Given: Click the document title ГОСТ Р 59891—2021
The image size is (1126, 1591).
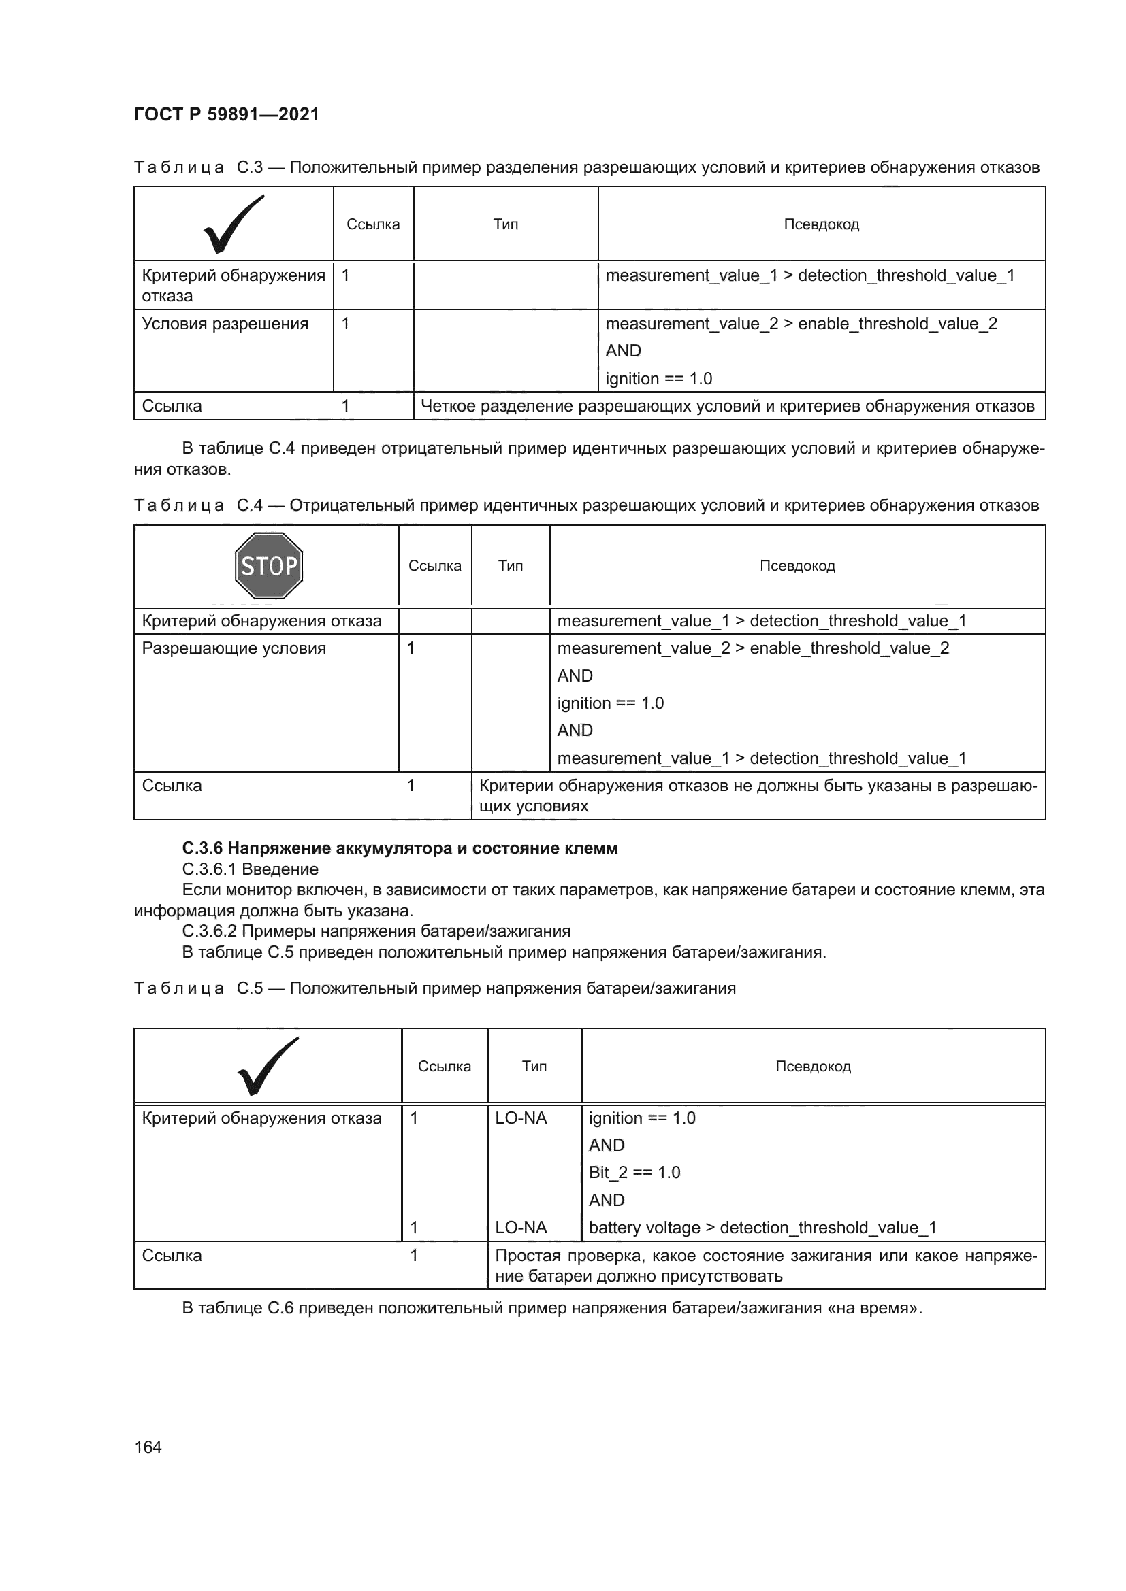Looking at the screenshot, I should [226, 114].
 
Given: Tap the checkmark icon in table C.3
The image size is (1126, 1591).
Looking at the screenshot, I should [234, 224].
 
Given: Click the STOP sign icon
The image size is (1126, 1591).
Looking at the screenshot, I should [269, 565].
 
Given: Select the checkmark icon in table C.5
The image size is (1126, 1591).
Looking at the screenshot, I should [268, 1067].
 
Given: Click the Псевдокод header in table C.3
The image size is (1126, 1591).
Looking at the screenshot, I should [821, 224].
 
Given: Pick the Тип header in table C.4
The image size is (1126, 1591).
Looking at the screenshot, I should [511, 565].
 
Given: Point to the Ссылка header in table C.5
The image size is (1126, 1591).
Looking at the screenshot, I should [444, 1067].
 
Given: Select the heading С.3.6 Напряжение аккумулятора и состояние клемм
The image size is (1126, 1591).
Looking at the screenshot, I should [400, 848].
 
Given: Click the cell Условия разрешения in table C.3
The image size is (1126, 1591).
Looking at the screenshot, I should [225, 324].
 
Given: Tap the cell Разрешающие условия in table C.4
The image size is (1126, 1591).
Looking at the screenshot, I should [234, 648].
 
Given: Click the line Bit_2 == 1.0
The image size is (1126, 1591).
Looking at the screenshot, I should [634, 1173].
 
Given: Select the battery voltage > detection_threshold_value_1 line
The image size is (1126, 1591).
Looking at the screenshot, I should [762, 1228].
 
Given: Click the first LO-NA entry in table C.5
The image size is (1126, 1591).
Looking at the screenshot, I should [521, 1118].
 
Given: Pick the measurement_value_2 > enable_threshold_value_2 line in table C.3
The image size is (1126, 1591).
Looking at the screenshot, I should [801, 324].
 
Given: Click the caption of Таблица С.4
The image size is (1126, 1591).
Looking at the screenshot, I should [586, 505].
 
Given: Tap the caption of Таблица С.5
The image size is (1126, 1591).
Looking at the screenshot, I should [435, 988].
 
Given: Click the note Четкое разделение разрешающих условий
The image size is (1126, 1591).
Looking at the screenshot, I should [727, 406].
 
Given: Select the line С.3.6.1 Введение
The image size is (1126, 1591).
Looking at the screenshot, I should [251, 869].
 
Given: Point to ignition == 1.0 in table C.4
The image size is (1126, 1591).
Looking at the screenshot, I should [610, 703].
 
